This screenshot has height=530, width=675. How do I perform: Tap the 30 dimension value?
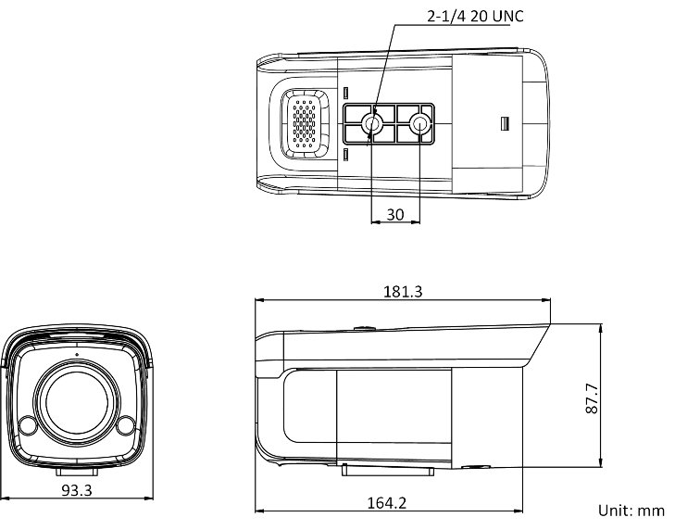pyautogui.click(x=395, y=214)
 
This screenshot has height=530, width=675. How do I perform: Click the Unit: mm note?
pyautogui.click(x=631, y=511)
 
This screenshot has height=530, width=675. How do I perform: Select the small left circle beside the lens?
pyautogui.click(x=28, y=427)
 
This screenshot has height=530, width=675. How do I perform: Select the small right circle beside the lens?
pyautogui.click(x=126, y=427)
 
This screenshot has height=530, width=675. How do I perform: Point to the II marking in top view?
pyautogui.click(x=505, y=123)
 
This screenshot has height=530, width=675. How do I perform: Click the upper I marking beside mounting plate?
pyautogui.click(x=344, y=95)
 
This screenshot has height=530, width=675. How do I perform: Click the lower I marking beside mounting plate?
pyautogui.click(x=344, y=153)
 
